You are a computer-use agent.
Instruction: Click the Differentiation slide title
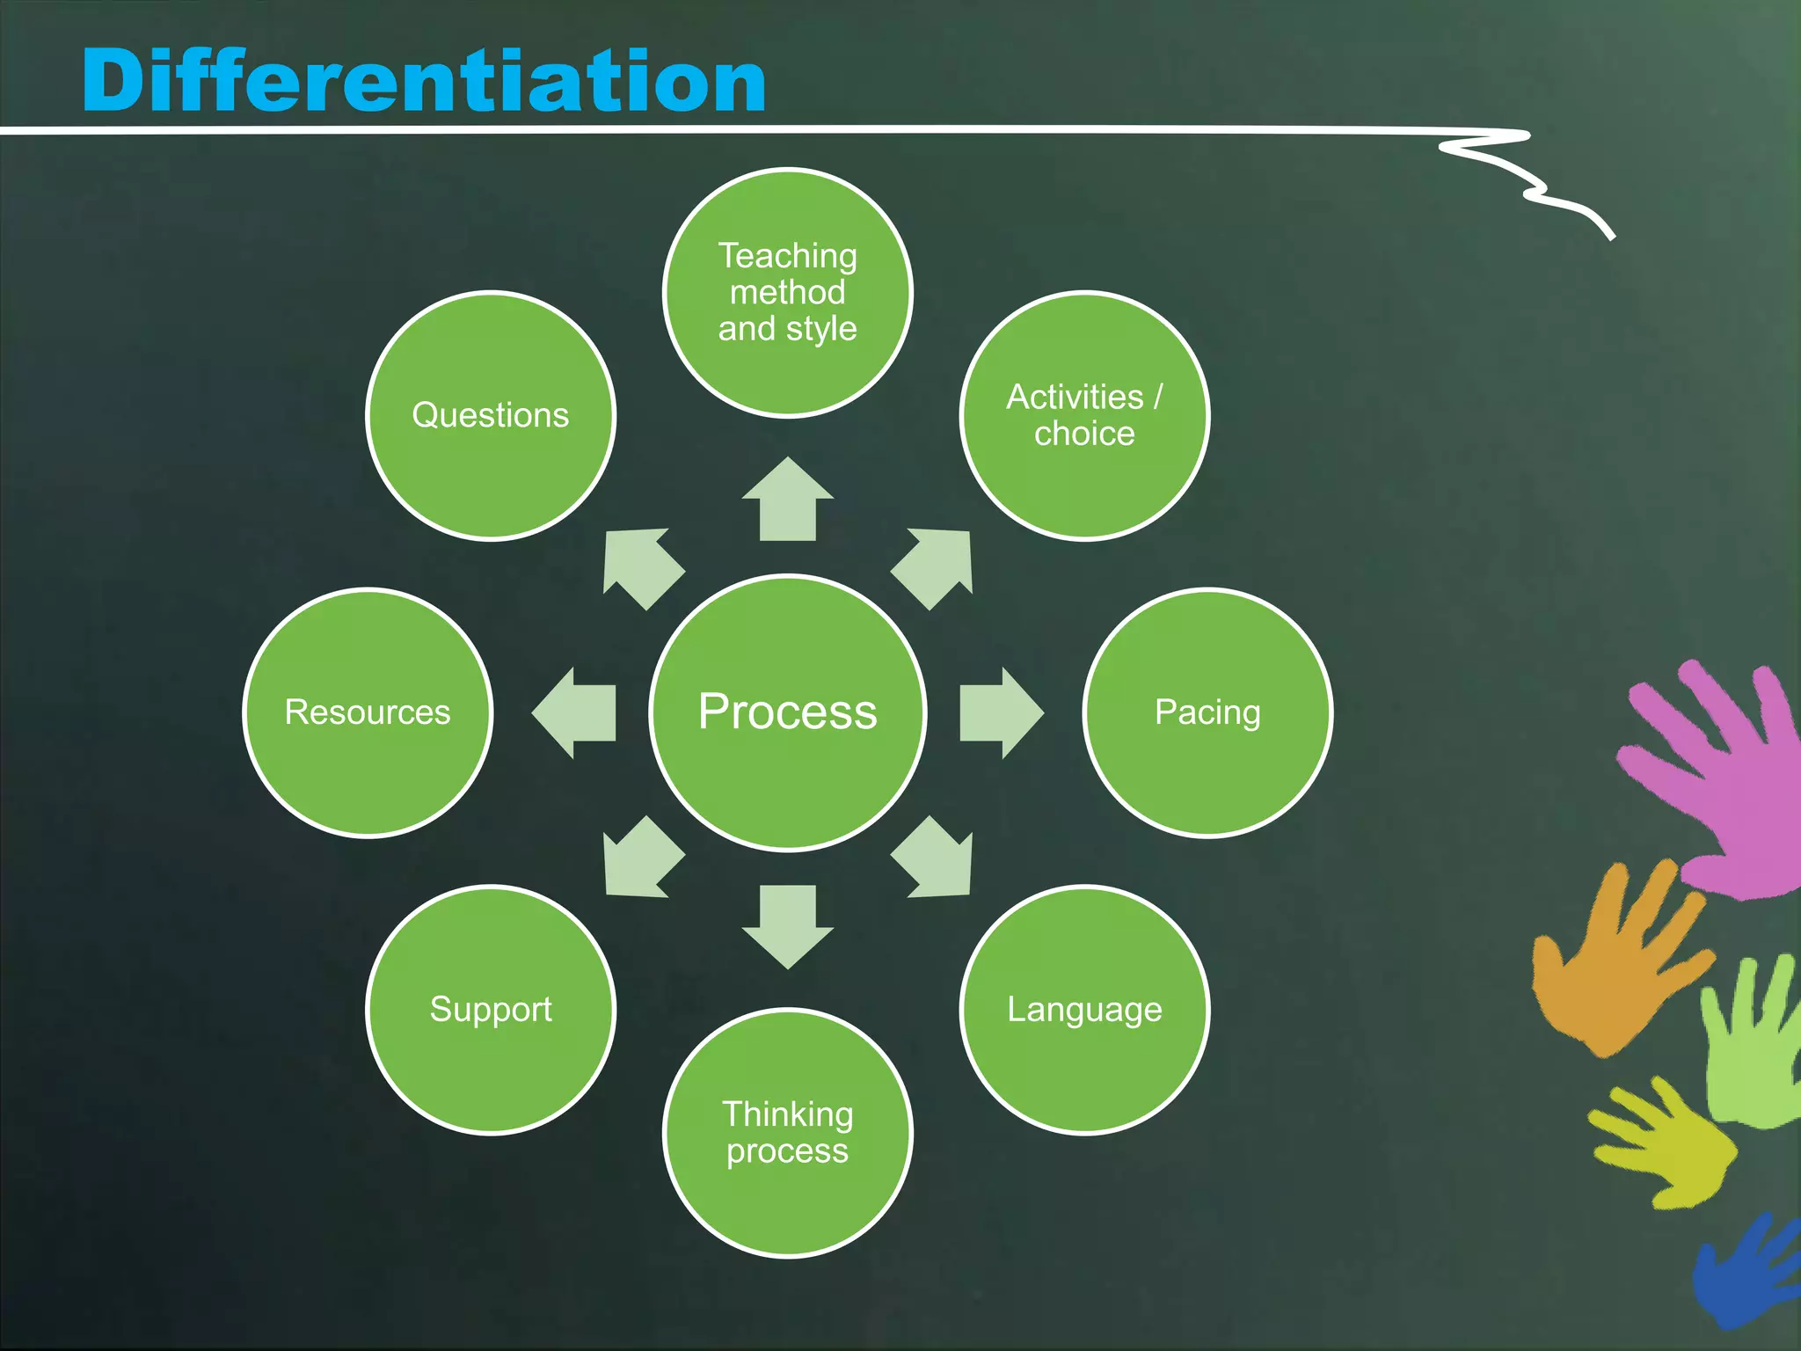coord(424,81)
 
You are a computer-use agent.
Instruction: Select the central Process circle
coord(788,712)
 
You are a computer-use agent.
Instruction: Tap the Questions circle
coord(491,415)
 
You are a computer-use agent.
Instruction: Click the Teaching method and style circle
coord(788,292)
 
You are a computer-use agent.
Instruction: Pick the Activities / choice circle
coord(1084,415)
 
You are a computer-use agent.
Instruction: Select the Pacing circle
coord(1207,712)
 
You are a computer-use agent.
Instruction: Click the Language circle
coord(1084,1010)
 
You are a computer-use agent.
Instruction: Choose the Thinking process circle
coord(788,1133)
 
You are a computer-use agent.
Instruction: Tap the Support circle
coord(491,1010)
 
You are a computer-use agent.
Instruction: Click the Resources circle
coord(368,712)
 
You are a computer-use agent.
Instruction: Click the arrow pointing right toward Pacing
coord(999,712)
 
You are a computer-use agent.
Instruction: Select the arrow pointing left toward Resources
coord(577,712)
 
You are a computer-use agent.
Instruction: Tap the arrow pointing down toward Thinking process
coord(788,924)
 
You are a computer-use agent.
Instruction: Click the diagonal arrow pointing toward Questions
coord(640,565)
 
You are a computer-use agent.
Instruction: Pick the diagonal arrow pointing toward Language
coord(936,860)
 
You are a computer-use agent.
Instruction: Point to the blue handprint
coord(1746,1271)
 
